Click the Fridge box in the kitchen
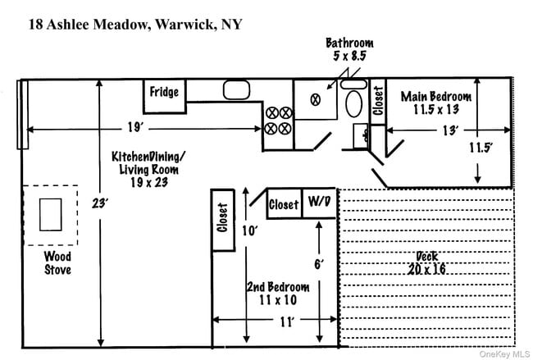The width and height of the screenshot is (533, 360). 165,92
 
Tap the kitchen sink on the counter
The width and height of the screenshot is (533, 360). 236,90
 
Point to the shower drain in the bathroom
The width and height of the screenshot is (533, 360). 314,99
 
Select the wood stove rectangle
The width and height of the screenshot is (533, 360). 50,215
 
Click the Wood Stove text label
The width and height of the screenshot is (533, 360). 57,262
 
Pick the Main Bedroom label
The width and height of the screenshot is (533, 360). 435,103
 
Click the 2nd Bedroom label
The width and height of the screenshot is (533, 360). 278,294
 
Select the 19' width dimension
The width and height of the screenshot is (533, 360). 136,127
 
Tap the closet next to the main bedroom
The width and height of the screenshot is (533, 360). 378,102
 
